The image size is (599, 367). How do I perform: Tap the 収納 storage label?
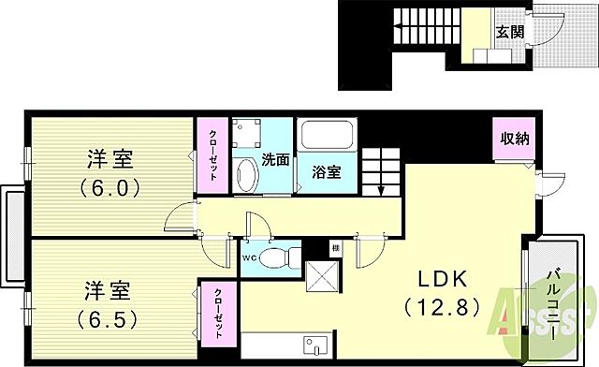tap(514, 139)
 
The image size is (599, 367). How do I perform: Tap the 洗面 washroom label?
tap(274, 159)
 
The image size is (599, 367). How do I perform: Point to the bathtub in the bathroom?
tap(324, 138)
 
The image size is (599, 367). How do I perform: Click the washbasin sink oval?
tap(247, 175)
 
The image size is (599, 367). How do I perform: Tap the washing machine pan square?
tap(248, 135)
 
